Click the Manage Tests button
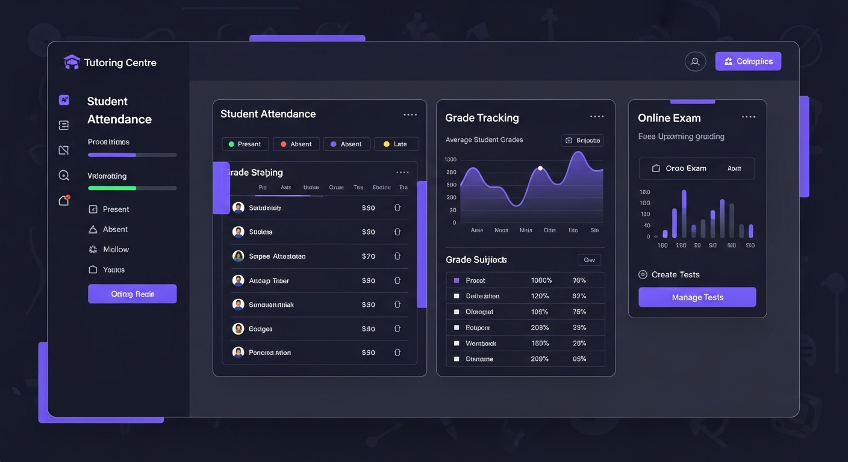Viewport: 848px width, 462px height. click(697, 297)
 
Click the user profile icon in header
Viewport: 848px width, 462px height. click(695, 61)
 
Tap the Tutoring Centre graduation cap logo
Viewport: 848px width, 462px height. click(72, 62)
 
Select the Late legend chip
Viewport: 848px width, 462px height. click(396, 144)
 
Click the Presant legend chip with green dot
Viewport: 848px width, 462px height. click(245, 144)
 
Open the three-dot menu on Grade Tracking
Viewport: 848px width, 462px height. click(596, 117)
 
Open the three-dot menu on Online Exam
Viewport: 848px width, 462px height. click(748, 117)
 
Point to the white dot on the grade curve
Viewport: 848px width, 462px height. click(540, 168)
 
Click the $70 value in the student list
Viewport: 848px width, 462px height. click(368, 256)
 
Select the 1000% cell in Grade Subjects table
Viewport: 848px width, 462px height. click(541, 280)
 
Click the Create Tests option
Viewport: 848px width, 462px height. click(675, 274)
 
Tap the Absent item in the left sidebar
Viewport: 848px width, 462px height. click(115, 229)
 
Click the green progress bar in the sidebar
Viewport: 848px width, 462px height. click(112, 188)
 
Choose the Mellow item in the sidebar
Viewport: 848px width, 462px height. click(116, 249)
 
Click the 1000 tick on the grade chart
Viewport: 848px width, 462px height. click(450, 159)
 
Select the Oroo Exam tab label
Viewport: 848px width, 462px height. click(685, 168)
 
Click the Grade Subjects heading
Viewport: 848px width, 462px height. click(476, 260)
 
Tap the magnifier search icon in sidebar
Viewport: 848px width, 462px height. click(64, 176)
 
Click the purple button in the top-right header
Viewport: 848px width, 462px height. click(748, 61)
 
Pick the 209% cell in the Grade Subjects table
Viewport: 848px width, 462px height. click(540, 359)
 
